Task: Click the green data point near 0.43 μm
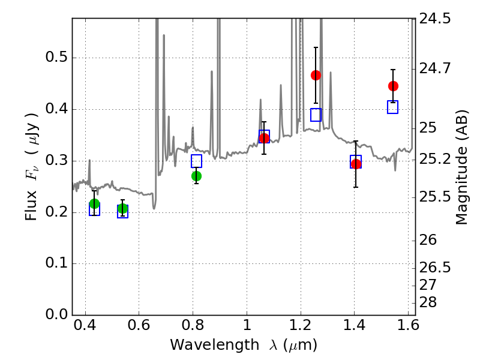tap(94, 204)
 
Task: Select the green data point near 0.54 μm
tap(123, 209)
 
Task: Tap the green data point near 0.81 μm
tap(196, 176)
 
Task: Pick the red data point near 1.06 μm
tap(264, 139)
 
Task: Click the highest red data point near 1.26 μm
tap(316, 75)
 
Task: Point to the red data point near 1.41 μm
tap(356, 164)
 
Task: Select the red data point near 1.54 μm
tap(393, 86)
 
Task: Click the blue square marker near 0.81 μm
tap(196, 161)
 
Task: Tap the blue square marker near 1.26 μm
tap(316, 115)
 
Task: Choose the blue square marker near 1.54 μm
tap(392, 107)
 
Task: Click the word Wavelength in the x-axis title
tap(205, 345)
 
